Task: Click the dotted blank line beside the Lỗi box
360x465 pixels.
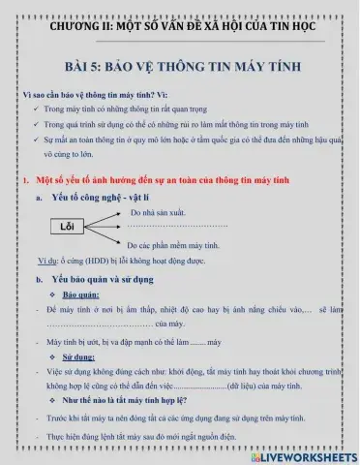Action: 177,226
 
